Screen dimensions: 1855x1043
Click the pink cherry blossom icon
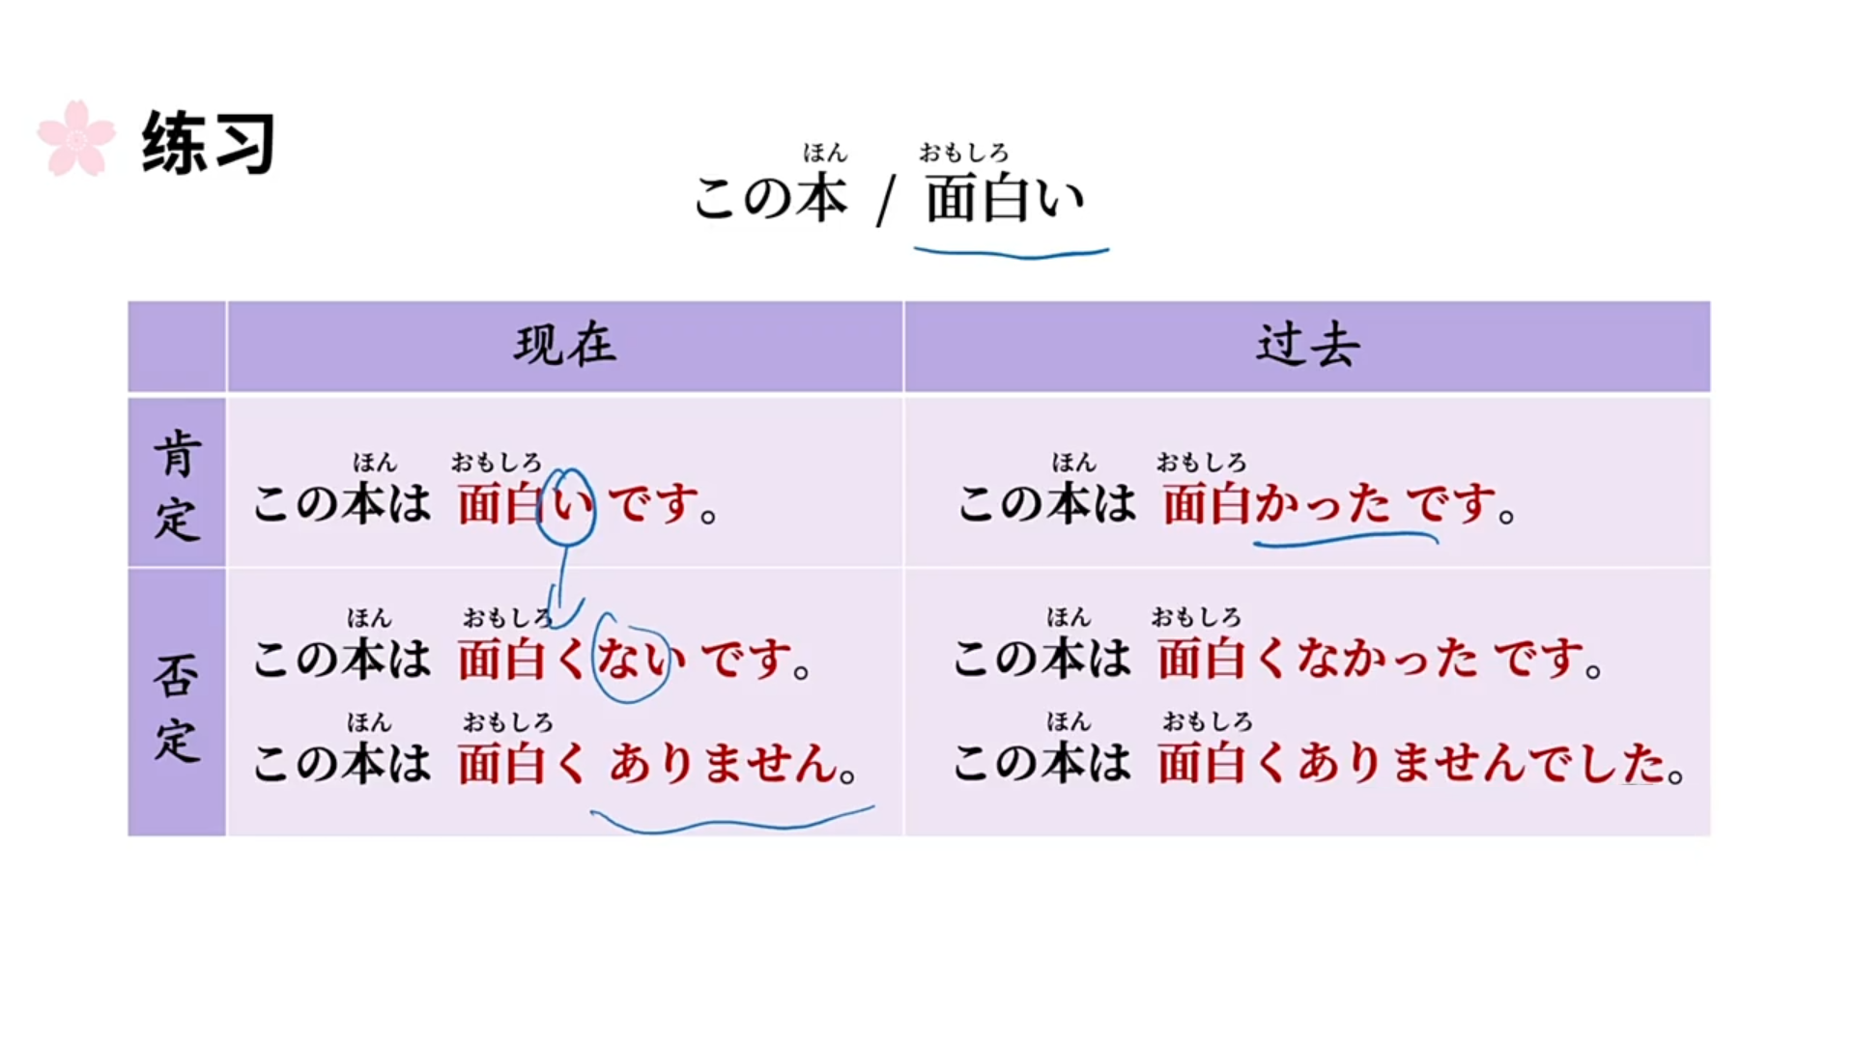[x=76, y=138]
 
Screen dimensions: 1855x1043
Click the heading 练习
[x=209, y=143]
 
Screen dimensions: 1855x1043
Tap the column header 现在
[x=565, y=345]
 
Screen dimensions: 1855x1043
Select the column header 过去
[x=1307, y=345]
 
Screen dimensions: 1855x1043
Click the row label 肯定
[x=177, y=486]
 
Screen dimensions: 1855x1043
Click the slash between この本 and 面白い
[x=884, y=201]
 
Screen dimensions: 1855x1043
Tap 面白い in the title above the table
[x=1005, y=199]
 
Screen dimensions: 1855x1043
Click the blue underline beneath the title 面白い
[x=1011, y=254]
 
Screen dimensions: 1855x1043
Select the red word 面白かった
[x=1276, y=504]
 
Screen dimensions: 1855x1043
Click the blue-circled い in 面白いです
[x=567, y=504]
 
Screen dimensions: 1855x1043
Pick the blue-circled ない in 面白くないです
[x=632, y=660]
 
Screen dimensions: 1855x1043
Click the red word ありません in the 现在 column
[x=724, y=764]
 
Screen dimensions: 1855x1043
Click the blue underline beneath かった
[x=1345, y=540]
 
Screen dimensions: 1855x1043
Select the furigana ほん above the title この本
[x=824, y=153]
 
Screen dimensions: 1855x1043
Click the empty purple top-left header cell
[x=177, y=346]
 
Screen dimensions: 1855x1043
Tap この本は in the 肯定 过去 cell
[x=1047, y=504]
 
